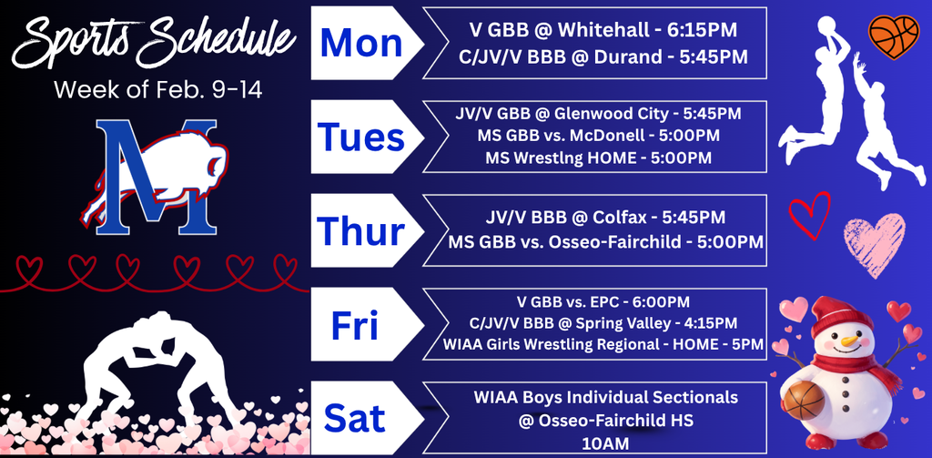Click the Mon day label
point(361,43)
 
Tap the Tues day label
point(361,137)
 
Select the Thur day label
point(361,231)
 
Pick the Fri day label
point(354,325)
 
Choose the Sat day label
point(355,418)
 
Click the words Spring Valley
point(615,323)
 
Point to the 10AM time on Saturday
point(605,443)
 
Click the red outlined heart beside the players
point(809,214)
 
